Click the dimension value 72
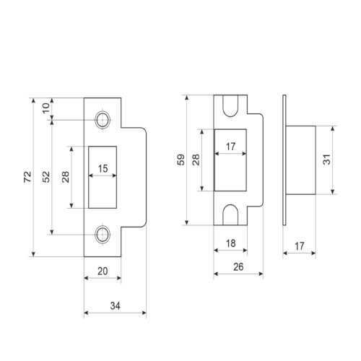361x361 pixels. pyautogui.click(x=27, y=177)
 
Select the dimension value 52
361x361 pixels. pyautogui.click(x=46, y=177)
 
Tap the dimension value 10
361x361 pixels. pyautogui.click(x=46, y=108)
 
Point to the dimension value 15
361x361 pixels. pyautogui.click(x=103, y=169)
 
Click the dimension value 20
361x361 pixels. pyautogui.click(x=103, y=271)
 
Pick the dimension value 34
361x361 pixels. pyautogui.click(x=116, y=306)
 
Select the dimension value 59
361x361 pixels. pyautogui.click(x=181, y=160)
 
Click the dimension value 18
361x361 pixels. pyautogui.click(x=231, y=243)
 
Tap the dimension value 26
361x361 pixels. pyautogui.click(x=238, y=267)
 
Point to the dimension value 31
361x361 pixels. pyautogui.click(x=327, y=160)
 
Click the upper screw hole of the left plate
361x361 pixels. pyautogui.click(x=103, y=120)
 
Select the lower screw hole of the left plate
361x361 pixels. pyautogui.click(x=103, y=235)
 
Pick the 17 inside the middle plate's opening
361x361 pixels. pyautogui.click(x=231, y=147)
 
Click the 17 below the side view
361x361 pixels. pyautogui.click(x=300, y=246)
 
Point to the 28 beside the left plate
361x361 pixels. pyautogui.click(x=66, y=177)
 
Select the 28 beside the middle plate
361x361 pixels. pyautogui.click(x=196, y=160)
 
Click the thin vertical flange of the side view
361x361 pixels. pyautogui.click(x=284, y=160)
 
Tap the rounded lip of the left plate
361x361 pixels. pyautogui.click(x=146, y=177)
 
